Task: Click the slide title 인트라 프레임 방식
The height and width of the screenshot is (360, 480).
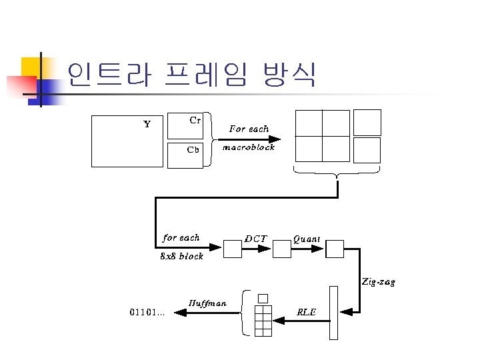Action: (x=191, y=75)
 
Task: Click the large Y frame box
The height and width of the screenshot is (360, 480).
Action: (x=127, y=141)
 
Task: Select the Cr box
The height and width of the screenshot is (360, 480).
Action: (x=185, y=125)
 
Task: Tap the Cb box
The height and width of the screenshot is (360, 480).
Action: (x=185, y=155)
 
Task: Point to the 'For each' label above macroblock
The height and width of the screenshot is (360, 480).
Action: (x=249, y=129)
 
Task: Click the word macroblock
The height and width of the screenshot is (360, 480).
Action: (x=248, y=147)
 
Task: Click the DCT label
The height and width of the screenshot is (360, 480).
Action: (x=256, y=238)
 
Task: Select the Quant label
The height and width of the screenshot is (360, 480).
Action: (x=307, y=238)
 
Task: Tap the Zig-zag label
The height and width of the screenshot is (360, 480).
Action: (x=379, y=282)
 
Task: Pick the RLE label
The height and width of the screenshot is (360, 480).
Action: (x=306, y=311)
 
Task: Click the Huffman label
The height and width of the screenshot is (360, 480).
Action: (x=207, y=303)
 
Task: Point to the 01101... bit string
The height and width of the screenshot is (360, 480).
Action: (x=147, y=311)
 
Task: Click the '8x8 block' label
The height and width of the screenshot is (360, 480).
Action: (x=182, y=257)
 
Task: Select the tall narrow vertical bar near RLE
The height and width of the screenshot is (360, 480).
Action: (x=334, y=313)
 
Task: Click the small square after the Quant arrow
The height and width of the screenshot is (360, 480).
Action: (x=335, y=249)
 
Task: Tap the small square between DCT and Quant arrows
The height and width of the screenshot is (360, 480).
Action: (x=282, y=249)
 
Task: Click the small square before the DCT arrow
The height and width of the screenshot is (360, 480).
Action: (x=232, y=249)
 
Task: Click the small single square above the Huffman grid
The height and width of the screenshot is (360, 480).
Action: (x=262, y=298)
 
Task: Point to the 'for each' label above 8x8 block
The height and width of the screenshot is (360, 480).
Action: (x=181, y=237)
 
